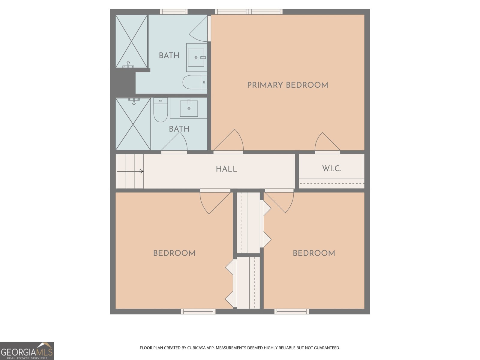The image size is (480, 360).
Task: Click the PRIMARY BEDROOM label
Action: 288,85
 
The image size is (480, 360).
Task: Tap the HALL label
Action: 226,169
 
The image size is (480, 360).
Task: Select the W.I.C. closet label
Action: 332,169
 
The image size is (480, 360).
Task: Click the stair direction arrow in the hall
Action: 130,171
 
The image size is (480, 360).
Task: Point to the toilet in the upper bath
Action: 195,82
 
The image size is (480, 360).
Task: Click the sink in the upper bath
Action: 196,58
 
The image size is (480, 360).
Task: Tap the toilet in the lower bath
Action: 160,110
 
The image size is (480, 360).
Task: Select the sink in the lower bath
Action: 189,108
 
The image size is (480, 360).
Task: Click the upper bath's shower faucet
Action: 128,65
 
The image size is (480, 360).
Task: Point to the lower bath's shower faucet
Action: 134,101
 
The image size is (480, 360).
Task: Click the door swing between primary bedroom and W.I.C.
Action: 327,142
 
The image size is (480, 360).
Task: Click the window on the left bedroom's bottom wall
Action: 198,311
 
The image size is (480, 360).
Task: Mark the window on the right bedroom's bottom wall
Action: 292,311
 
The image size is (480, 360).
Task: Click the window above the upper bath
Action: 174,12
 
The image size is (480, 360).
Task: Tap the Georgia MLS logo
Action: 27,351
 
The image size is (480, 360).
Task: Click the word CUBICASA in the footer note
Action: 196,348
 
